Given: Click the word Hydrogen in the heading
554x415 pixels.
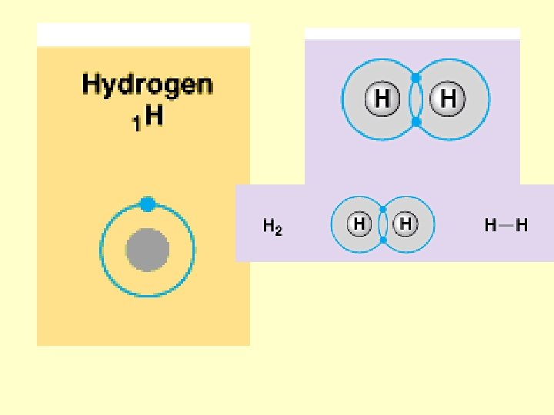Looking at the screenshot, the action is point(147,85).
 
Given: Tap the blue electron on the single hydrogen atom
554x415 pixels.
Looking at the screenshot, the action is point(148,204).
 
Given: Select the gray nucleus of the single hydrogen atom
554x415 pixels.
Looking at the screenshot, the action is point(148,250).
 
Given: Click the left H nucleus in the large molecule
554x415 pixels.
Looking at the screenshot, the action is point(382,99).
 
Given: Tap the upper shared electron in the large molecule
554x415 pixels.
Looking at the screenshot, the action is point(415,78).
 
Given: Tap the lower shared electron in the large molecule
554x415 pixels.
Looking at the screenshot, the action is point(415,121).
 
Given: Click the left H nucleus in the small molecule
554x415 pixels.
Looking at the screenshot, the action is point(359,224).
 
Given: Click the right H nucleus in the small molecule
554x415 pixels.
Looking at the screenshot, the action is point(405,224).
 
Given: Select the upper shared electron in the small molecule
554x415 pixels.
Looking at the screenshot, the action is point(382,209).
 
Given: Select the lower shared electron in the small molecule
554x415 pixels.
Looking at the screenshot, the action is point(382,240).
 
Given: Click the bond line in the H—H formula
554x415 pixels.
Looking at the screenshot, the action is point(506,225).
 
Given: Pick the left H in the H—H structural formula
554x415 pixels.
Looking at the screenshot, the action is point(490,225).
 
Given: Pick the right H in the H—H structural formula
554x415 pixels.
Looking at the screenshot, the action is point(522,225).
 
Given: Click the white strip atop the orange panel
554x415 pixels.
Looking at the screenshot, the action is point(143,35).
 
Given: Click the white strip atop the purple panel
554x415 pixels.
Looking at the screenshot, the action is point(412,34).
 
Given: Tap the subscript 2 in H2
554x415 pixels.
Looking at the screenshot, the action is point(279,231).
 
